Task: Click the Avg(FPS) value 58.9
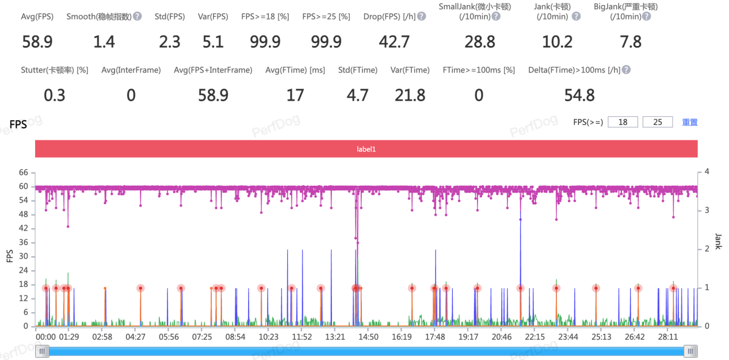tap(37, 42)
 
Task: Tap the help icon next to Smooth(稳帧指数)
tap(138, 16)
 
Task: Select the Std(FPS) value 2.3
tap(170, 42)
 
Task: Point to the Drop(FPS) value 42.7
tap(394, 42)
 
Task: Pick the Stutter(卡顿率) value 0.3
tap(55, 95)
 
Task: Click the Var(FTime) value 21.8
tap(410, 95)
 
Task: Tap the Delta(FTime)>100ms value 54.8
tap(579, 95)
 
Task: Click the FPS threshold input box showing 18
tap(623, 122)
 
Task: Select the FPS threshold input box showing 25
tap(658, 122)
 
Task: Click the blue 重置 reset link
tap(690, 122)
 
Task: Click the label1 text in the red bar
tap(366, 149)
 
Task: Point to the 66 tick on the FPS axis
tap(24, 172)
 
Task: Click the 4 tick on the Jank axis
tap(707, 172)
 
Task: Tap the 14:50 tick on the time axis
tap(368, 336)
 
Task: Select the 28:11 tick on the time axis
tap(668, 336)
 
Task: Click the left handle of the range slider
tap(42, 351)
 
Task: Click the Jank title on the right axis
tap(717, 242)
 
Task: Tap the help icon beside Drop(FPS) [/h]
tap(422, 16)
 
